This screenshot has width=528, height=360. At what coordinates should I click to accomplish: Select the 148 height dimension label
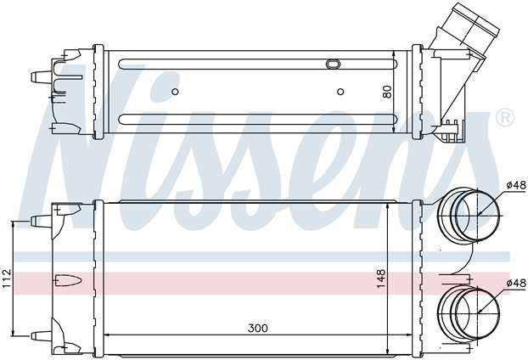[382, 278]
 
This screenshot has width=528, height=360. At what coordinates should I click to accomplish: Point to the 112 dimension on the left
[7, 277]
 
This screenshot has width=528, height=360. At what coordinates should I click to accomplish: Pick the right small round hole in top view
[340, 92]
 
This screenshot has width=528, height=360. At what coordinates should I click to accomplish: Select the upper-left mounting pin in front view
[38, 221]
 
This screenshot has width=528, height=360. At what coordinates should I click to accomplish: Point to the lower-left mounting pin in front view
[38, 334]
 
